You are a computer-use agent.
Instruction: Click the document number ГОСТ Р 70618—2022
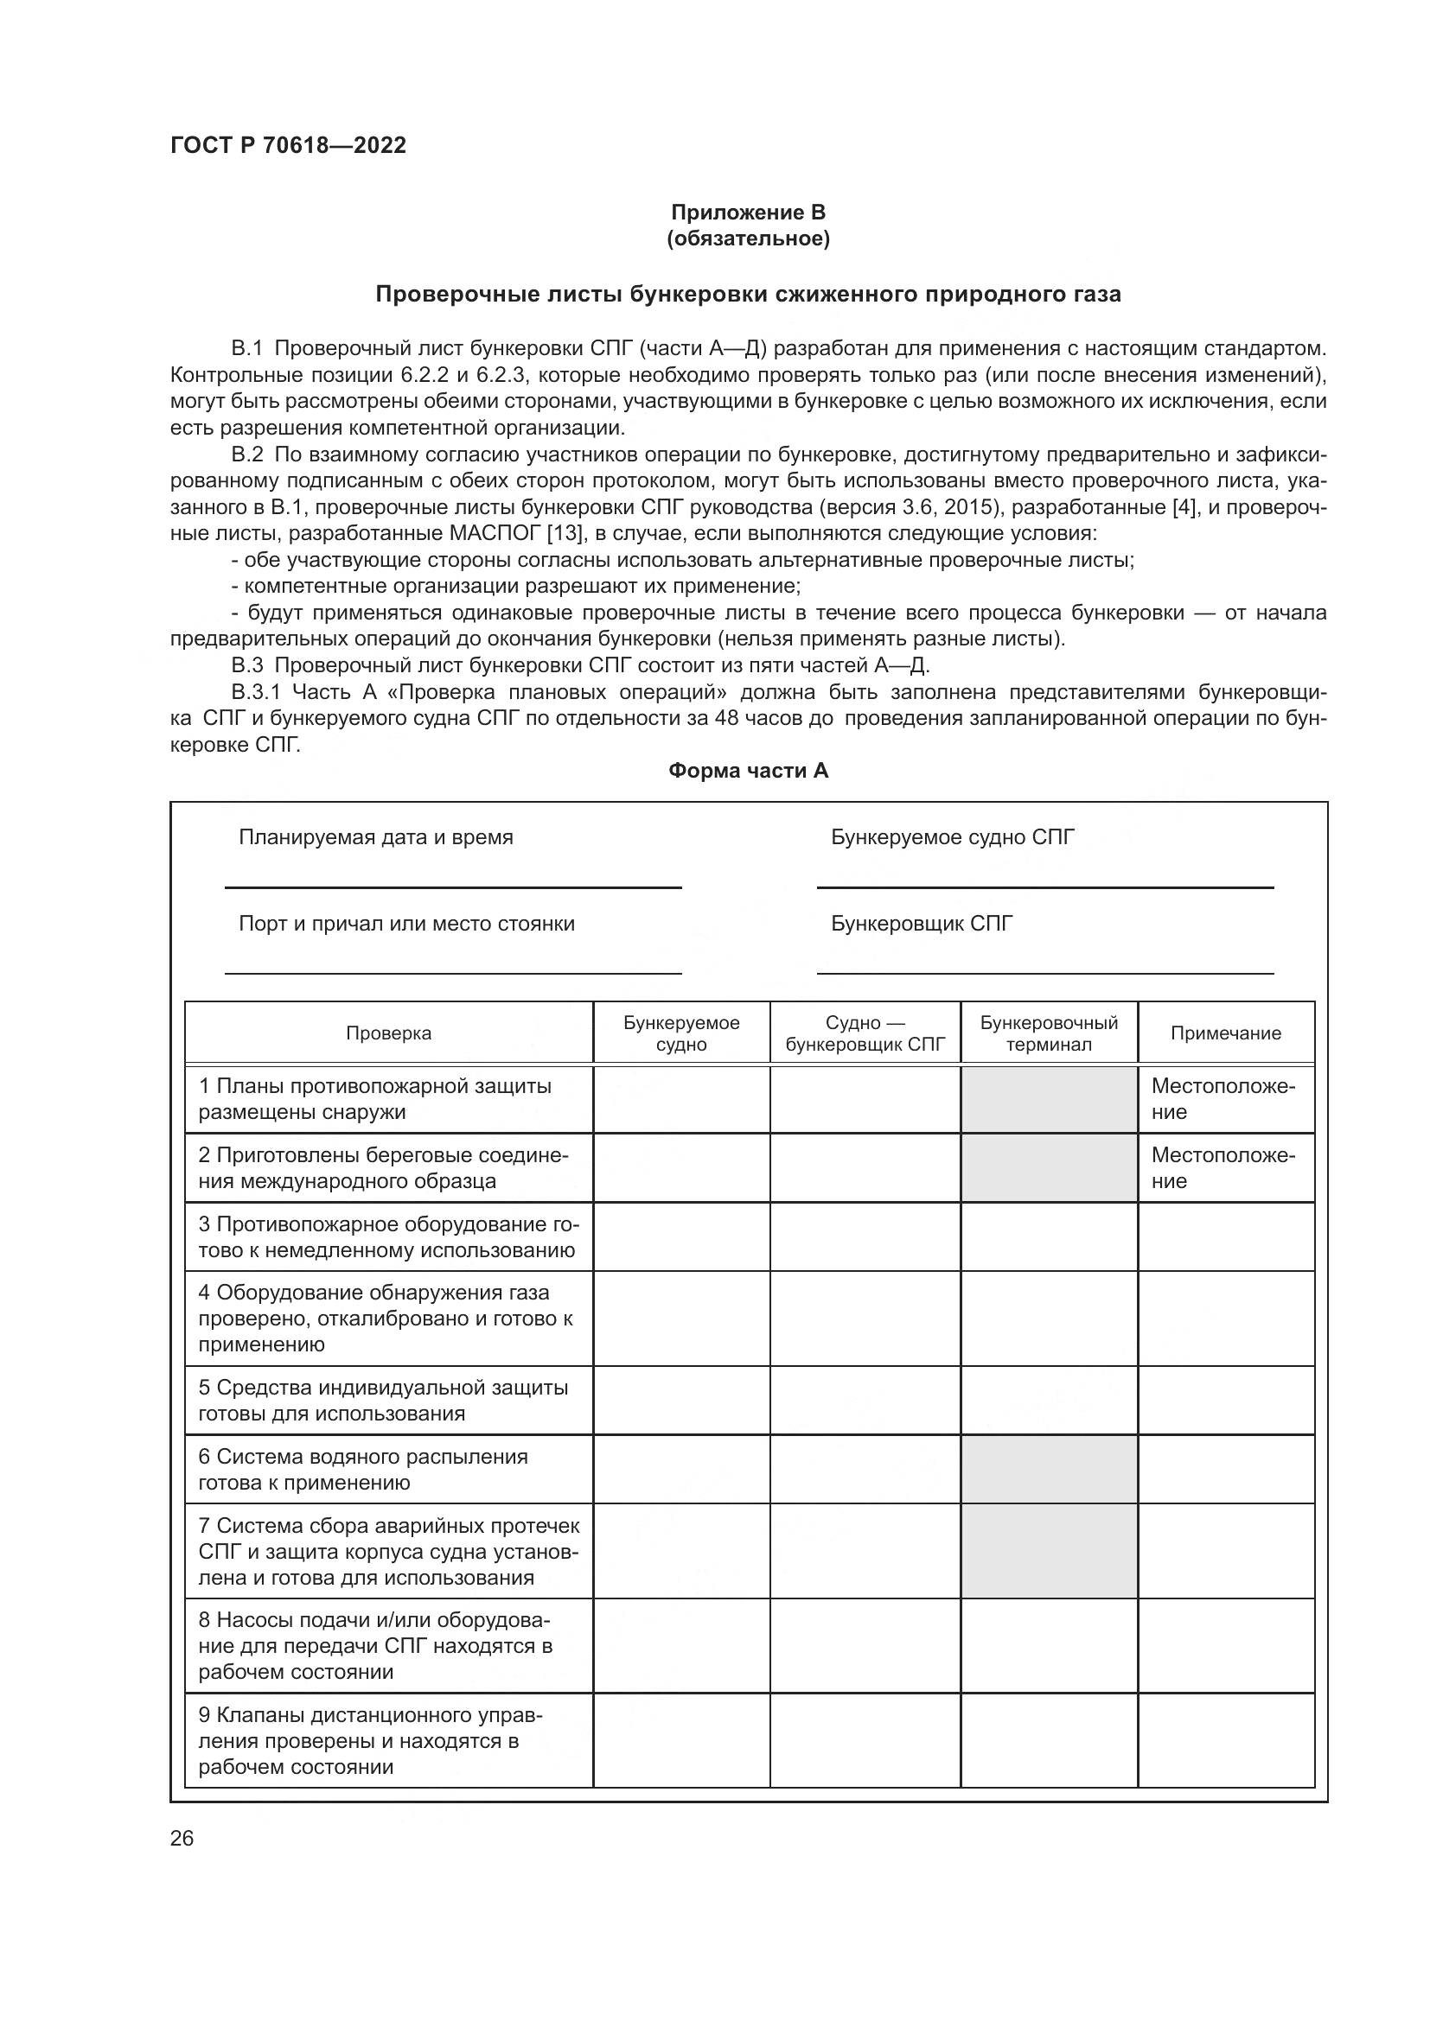[x=288, y=146]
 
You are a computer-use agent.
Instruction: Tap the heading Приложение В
[x=748, y=213]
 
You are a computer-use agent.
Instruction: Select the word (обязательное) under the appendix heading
[x=748, y=238]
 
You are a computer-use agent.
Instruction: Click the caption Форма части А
[x=748, y=771]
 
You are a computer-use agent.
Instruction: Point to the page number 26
[x=182, y=1838]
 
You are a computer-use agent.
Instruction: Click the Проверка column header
[x=388, y=1033]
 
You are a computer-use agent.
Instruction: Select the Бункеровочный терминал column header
[x=1049, y=1033]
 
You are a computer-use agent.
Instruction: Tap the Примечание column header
[x=1225, y=1033]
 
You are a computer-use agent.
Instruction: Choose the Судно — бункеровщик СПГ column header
[x=865, y=1033]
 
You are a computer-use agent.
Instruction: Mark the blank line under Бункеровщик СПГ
[x=1045, y=973]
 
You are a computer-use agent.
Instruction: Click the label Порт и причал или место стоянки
[x=407, y=925]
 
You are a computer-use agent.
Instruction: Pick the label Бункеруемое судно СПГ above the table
[x=953, y=837]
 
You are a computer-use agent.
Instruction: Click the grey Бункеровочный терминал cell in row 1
[x=1049, y=1099]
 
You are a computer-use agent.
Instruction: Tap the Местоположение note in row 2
[x=1223, y=1168]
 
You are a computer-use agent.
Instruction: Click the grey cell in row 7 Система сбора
[x=1049, y=1551]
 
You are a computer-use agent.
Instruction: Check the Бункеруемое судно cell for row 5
[x=681, y=1401]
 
